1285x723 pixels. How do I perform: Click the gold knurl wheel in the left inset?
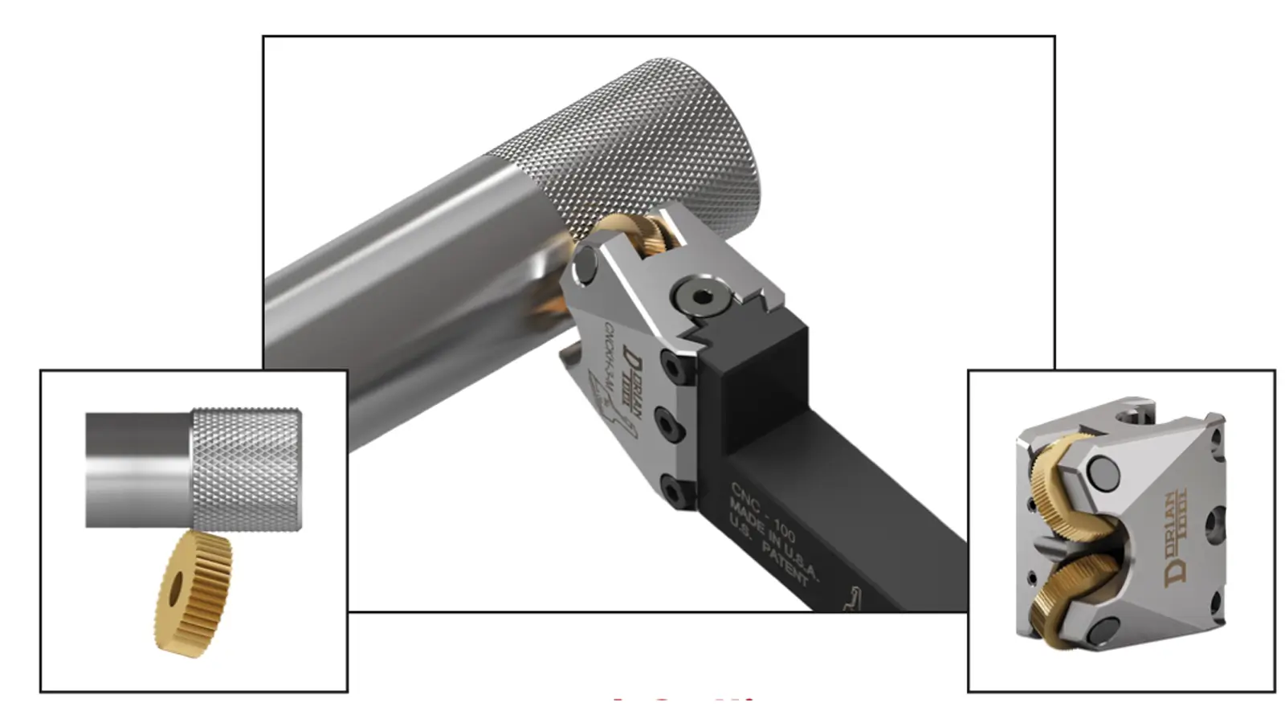coord(193,594)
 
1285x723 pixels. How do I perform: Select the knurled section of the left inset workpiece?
coord(247,468)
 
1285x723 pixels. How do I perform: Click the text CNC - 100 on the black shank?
coord(764,509)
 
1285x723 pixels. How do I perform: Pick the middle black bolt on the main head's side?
coord(671,419)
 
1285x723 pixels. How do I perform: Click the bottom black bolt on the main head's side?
coord(673,488)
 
